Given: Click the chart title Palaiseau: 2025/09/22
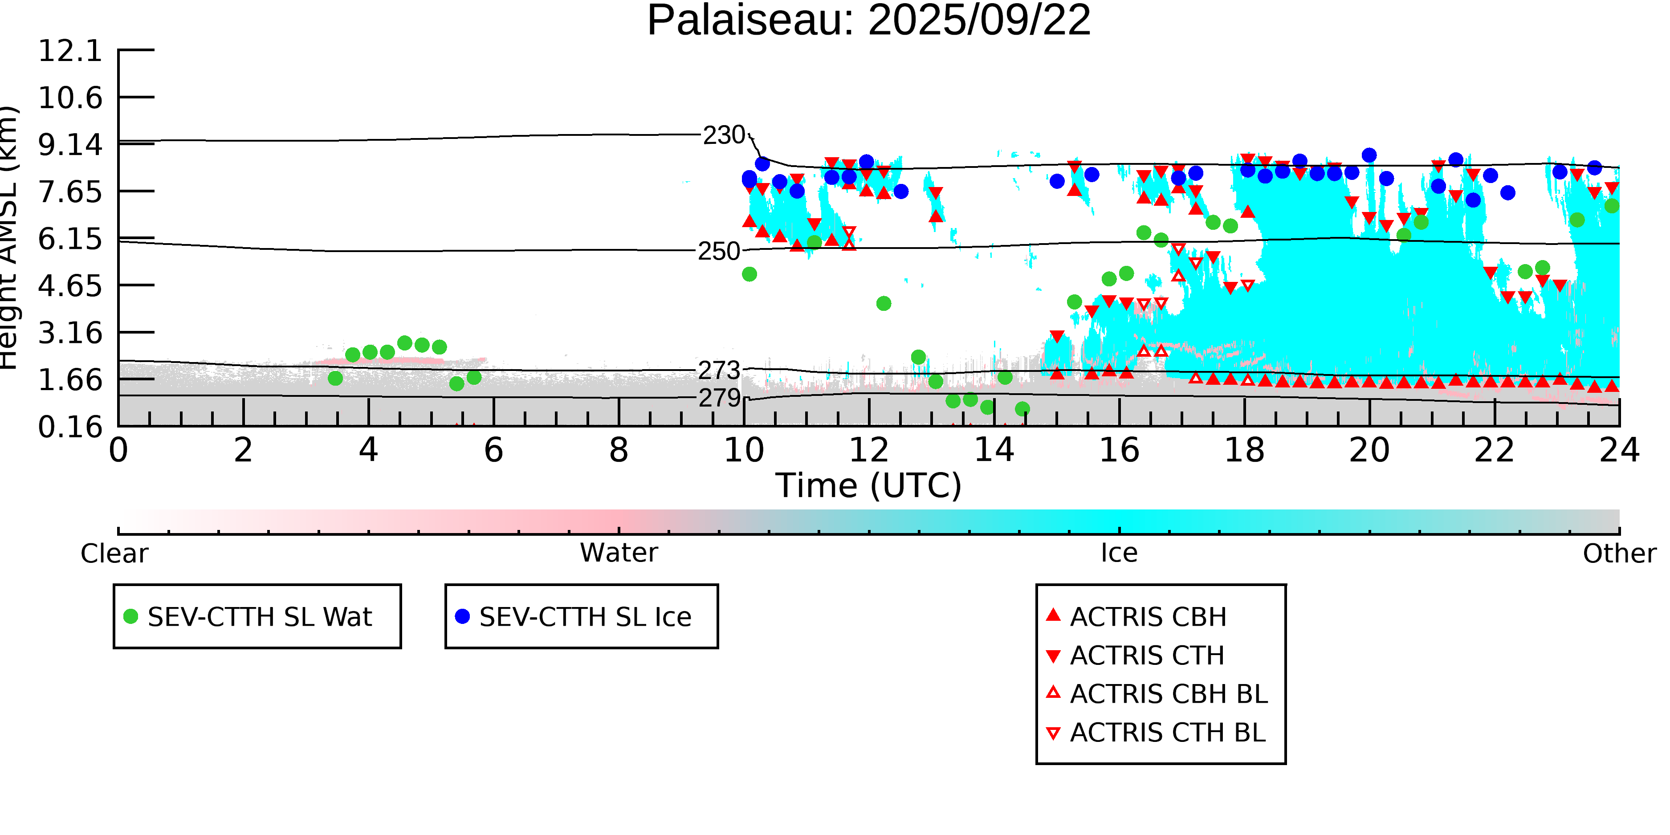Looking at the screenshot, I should [869, 21].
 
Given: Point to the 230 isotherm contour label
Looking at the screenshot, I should [724, 135].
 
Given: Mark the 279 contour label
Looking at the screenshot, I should [719, 398].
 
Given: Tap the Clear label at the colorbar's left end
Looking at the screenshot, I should [114, 554].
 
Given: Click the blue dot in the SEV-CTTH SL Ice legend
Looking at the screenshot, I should [462, 616].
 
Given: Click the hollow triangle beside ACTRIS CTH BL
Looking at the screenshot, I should [1054, 733].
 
